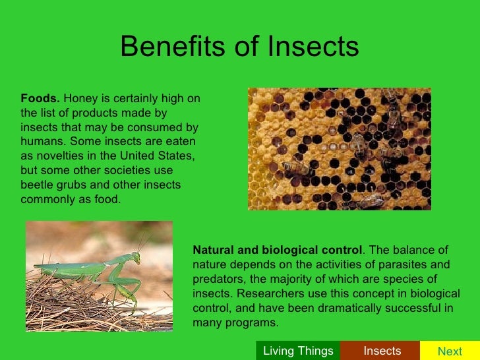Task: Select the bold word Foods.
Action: tap(40, 98)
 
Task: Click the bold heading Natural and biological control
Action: tap(277, 251)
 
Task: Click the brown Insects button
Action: tap(382, 351)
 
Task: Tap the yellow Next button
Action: tap(450, 351)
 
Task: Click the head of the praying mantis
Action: tap(135, 257)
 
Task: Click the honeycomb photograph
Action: tap(339, 149)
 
